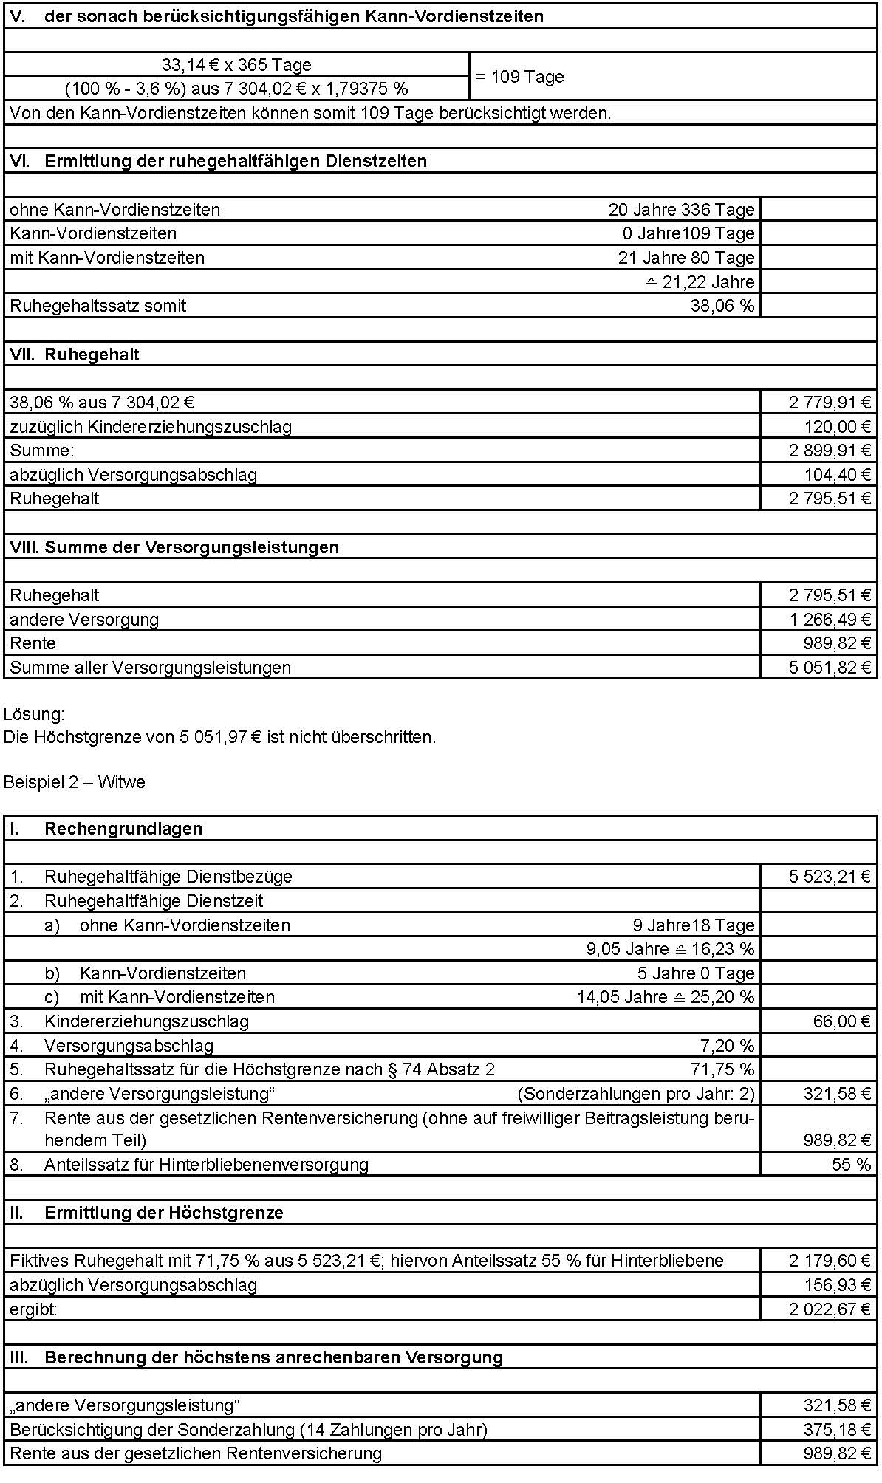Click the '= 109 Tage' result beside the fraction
[x=520, y=77]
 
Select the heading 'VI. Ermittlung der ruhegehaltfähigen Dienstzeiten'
[x=219, y=161]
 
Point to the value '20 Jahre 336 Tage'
[x=681, y=210]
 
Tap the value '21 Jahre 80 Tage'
[x=686, y=258]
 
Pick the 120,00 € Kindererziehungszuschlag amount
[x=838, y=427]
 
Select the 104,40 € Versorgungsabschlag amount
[x=838, y=475]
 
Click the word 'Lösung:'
[x=34, y=714]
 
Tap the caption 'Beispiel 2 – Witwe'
[x=75, y=782]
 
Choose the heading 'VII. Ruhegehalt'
[x=75, y=355]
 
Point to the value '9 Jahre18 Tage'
[x=694, y=925]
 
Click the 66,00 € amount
[x=841, y=1021]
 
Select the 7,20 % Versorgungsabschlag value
[x=727, y=1046]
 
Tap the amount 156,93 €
[x=838, y=1285]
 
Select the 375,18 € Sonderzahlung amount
[x=838, y=1430]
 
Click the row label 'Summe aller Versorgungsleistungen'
[x=151, y=668]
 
